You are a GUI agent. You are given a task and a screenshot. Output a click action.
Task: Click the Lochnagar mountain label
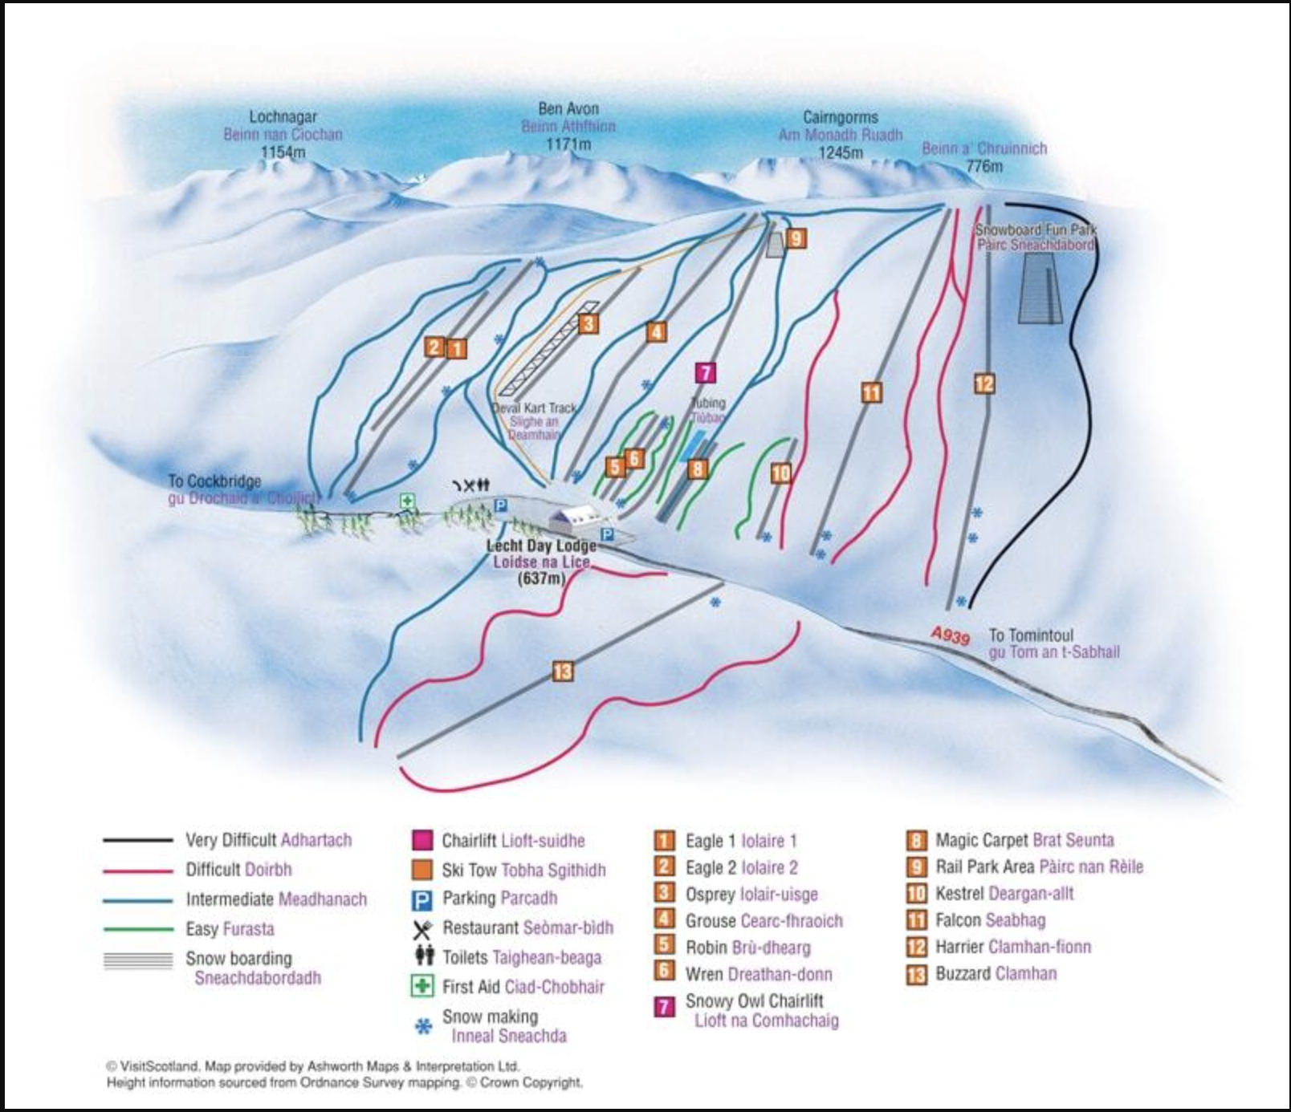(283, 117)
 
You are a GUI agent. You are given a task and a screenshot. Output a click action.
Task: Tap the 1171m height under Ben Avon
(568, 144)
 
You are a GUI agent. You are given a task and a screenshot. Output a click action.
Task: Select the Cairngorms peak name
(840, 117)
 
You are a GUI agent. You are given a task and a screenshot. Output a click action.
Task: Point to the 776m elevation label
(984, 166)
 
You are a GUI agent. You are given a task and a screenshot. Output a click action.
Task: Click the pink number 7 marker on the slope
(705, 372)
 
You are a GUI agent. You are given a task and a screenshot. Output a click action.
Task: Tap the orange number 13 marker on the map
(562, 671)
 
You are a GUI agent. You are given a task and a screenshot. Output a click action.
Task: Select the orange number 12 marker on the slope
(984, 384)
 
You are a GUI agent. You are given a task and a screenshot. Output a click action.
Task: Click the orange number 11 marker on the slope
(871, 392)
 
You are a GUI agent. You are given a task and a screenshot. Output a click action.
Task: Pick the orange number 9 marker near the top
(796, 237)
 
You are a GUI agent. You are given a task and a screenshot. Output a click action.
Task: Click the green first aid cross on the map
(408, 501)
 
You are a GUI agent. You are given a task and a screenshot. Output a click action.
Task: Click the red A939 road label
(951, 635)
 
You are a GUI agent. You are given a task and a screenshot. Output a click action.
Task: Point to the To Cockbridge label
(214, 481)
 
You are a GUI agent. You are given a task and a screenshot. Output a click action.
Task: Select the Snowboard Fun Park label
(1035, 229)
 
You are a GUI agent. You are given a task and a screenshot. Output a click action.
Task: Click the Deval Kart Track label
(534, 408)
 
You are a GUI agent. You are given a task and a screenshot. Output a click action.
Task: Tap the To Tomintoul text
(1031, 635)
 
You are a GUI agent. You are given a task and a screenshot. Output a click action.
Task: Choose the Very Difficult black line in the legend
(137, 840)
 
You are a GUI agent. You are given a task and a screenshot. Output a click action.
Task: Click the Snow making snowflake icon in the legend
(423, 1026)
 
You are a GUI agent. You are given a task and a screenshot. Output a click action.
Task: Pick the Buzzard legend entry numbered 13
(995, 973)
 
